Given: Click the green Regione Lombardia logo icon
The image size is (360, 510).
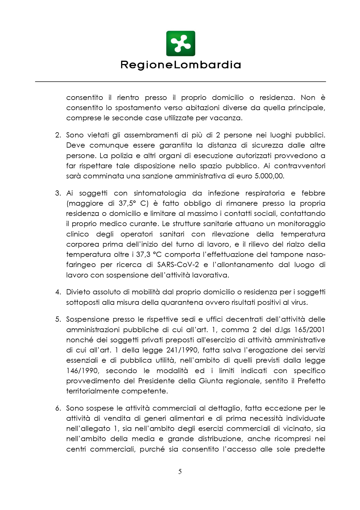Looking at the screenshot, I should click(x=180, y=44).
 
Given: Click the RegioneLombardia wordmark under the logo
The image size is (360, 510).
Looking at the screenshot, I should click(x=180, y=65).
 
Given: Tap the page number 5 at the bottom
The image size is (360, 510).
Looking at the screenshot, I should click(x=180, y=471).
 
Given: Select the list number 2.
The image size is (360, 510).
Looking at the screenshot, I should click(x=58, y=135).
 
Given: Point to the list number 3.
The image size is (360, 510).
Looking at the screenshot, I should click(x=58, y=193).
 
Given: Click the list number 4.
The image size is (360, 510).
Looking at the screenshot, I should click(x=58, y=292).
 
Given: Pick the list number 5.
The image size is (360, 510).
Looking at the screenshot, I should click(x=58, y=319).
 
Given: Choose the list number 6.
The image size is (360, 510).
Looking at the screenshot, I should click(x=58, y=408).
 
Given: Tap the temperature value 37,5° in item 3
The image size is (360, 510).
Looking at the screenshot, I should click(x=127, y=203).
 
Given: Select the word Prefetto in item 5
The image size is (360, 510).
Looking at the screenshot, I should click(x=312, y=381).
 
